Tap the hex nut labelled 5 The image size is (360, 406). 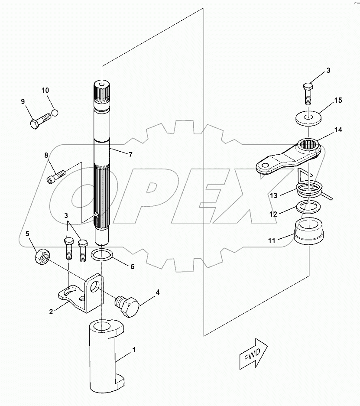(x=42, y=257)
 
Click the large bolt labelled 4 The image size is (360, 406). (x=127, y=307)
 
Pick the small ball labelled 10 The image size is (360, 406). (x=55, y=113)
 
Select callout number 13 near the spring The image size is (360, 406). (x=273, y=195)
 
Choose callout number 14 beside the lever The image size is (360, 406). (x=338, y=129)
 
